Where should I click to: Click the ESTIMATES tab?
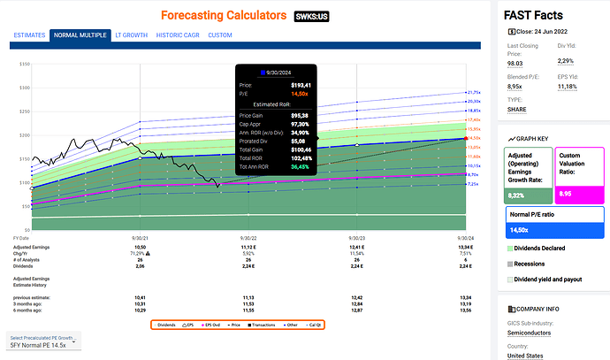pyautogui.click(x=29, y=35)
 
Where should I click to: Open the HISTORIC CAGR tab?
pyautogui.click(x=176, y=35)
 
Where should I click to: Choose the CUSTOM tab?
pyautogui.click(x=221, y=35)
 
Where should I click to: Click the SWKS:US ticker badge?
pyautogui.click(x=312, y=16)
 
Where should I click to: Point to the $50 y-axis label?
pyautogui.click(x=25, y=202)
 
